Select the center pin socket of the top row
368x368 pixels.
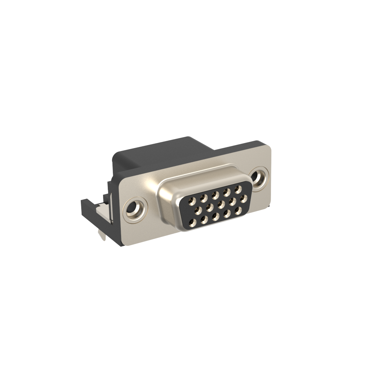215,194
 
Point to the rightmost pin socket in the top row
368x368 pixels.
237,189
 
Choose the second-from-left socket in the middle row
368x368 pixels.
209,207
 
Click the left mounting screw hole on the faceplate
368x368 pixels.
135,208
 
